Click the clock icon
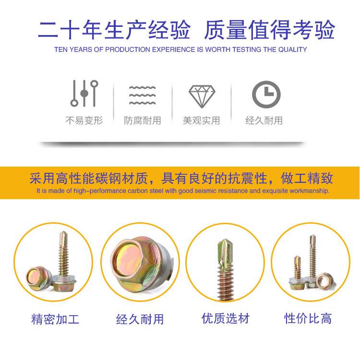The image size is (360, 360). point(266,95)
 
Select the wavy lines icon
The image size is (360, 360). point(143,96)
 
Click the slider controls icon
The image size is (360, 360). point(84,93)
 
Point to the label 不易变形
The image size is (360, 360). point(84,120)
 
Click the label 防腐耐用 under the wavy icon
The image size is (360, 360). point(143,120)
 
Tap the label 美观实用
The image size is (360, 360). point(201,120)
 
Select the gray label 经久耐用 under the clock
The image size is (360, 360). point(264,120)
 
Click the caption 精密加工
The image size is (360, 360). point(55,319)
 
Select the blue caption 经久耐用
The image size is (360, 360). point(140,319)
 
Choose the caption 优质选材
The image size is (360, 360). point(226,318)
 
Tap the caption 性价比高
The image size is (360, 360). point(308,318)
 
